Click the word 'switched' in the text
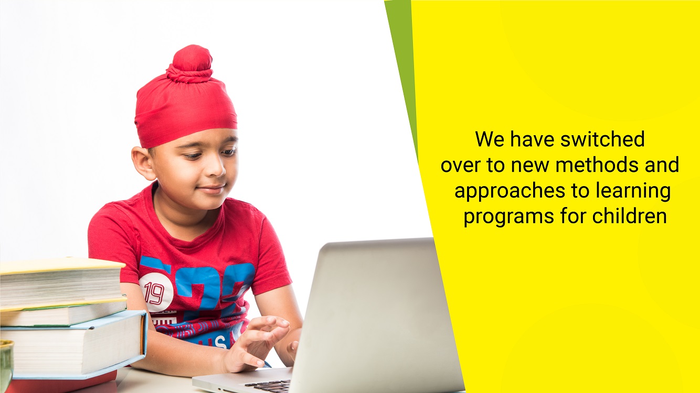(602, 139)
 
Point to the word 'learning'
(633, 192)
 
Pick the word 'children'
(629, 216)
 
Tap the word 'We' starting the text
(490, 139)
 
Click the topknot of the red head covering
(190, 64)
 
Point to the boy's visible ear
(143, 163)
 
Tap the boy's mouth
(212, 189)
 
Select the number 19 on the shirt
(154, 293)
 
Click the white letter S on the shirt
(220, 343)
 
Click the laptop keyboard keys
(268, 386)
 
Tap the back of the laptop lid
(375, 315)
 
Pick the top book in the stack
(62, 282)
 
